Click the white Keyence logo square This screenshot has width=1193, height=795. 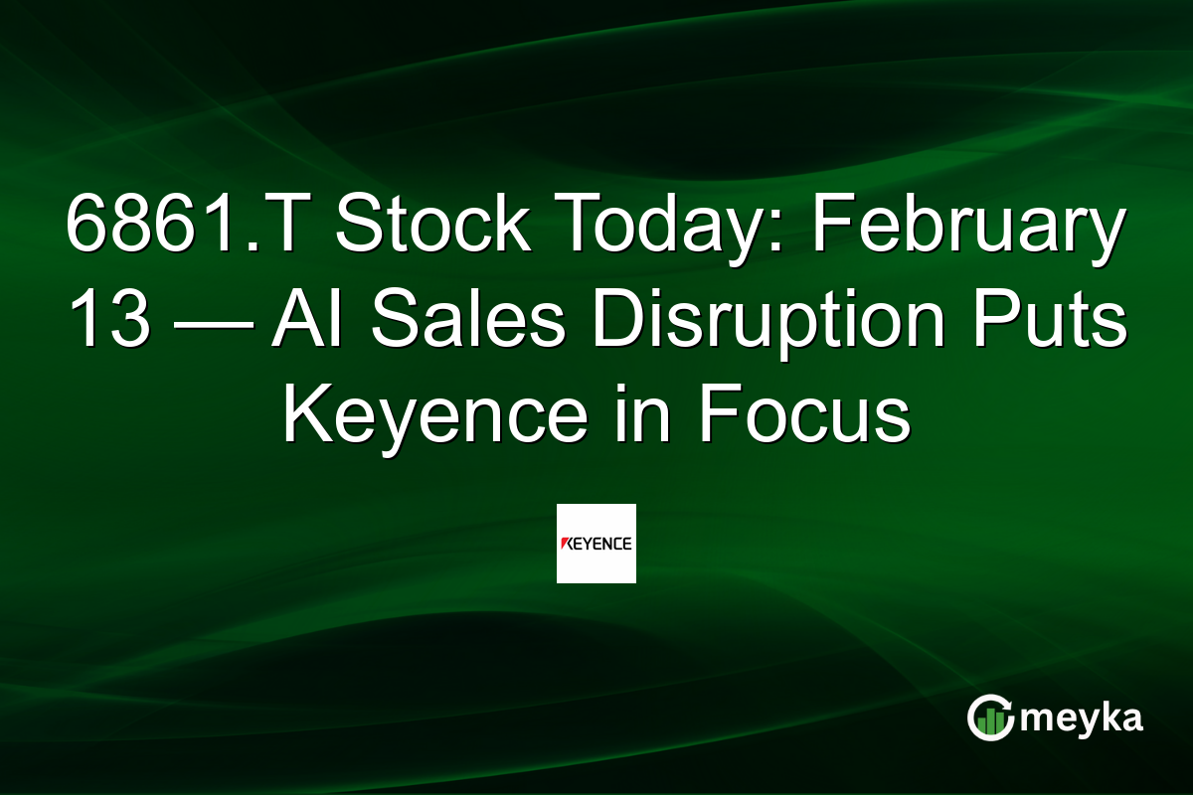tap(596, 544)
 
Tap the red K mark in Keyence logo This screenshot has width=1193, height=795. tap(567, 544)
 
